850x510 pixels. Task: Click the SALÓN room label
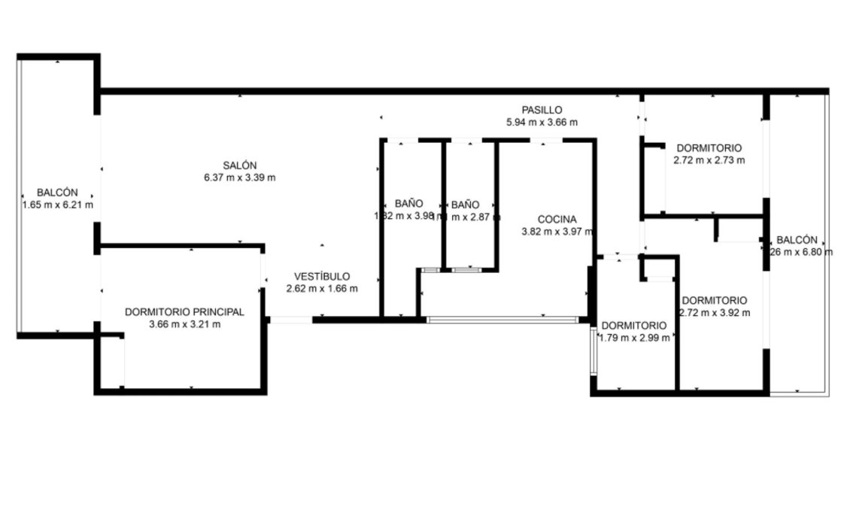pos(239,165)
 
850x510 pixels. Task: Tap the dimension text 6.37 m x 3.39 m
pos(239,178)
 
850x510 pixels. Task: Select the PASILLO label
pos(542,110)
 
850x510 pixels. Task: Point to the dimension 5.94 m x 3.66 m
pos(542,122)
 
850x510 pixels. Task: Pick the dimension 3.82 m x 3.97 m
pos(557,232)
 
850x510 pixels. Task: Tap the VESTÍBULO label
pos(321,276)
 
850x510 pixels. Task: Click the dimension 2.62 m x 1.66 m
pos(321,288)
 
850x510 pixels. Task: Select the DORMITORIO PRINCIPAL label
pos(184,311)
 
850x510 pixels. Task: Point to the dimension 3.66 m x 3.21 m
pos(184,324)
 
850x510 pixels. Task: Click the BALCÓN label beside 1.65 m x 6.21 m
pos(58,192)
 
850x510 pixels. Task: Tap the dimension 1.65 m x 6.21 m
pos(58,204)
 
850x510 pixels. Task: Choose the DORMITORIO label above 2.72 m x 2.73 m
pos(709,147)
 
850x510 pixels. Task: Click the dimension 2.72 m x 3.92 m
pos(714,312)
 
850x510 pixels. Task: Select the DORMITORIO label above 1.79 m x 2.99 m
pos(634,325)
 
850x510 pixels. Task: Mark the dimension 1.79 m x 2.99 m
pos(634,338)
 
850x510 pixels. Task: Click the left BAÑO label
pos(408,204)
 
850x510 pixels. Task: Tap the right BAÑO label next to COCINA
pos(465,204)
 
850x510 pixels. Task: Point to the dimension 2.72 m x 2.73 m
pos(709,159)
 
